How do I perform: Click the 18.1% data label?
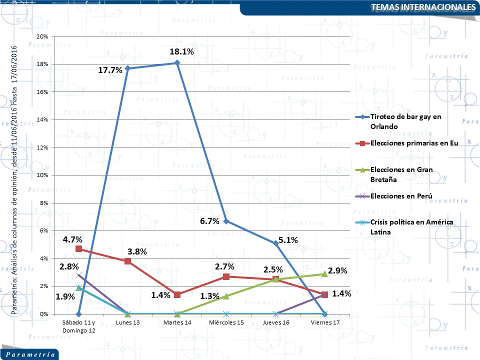pyautogui.click(x=181, y=51)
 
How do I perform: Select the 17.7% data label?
pyautogui.click(x=110, y=70)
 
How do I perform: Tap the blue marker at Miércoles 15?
pyautogui.click(x=226, y=221)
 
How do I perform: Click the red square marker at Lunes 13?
pyautogui.click(x=128, y=261)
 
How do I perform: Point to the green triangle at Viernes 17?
pyautogui.click(x=324, y=273)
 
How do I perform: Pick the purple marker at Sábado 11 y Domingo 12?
pyautogui.click(x=79, y=275)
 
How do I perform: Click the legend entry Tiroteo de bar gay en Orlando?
pyautogui.click(x=405, y=121)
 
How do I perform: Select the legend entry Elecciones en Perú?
pyautogui.click(x=401, y=195)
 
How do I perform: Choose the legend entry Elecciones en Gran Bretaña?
pyautogui.click(x=401, y=174)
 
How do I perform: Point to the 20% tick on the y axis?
pyautogui.click(x=42, y=36)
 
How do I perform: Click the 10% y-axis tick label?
pyautogui.click(x=42, y=175)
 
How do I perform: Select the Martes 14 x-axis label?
pyautogui.click(x=177, y=322)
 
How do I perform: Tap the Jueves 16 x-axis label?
pyautogui.click(x=275, y=322)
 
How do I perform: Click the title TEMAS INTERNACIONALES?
pyautogui.click(x=423, y=7)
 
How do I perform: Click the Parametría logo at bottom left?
pyautogui.click(x=29, y=354)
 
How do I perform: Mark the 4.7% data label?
pyautogui.click(x=72, y=239)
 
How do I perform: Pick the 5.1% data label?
pyautogui.click(x=288, y=240)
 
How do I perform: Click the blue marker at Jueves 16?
pyautogui.click(x=275, y=243)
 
